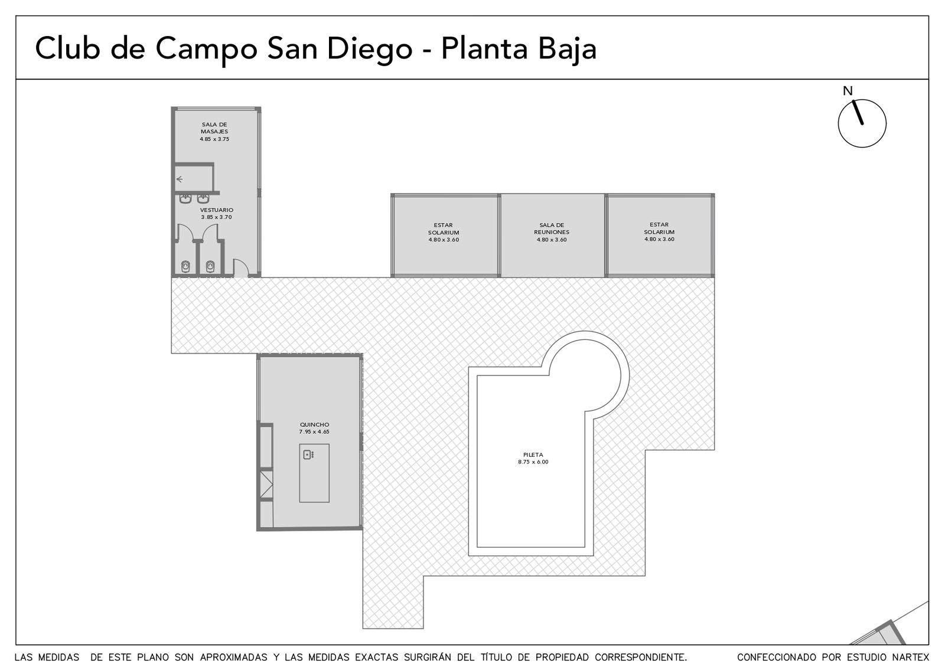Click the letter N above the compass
(848, 91)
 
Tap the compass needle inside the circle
(858, 113)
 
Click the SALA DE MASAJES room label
(214, 127)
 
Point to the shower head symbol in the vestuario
(180, 179)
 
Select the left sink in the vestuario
(185, 198)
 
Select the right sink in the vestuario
(203, 198)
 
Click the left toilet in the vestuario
(185, 266)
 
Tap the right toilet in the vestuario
(210, 266)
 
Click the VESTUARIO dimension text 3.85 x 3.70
(216, 217)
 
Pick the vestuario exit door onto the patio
(240, 268)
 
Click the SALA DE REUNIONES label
(552, 228)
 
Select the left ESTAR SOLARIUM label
(444, 229)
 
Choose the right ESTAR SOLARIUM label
(659, 228)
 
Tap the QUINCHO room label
(314, 424)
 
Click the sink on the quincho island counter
(308, 455)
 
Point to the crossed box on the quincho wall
(266, 485)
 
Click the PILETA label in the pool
(533, 455)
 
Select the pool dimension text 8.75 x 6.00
(533, 462)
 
